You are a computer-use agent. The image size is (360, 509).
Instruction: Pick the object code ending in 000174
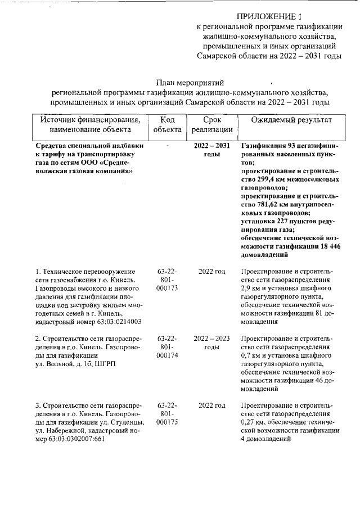point(167,356)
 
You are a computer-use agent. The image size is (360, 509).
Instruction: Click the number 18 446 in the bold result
point(330,247)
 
